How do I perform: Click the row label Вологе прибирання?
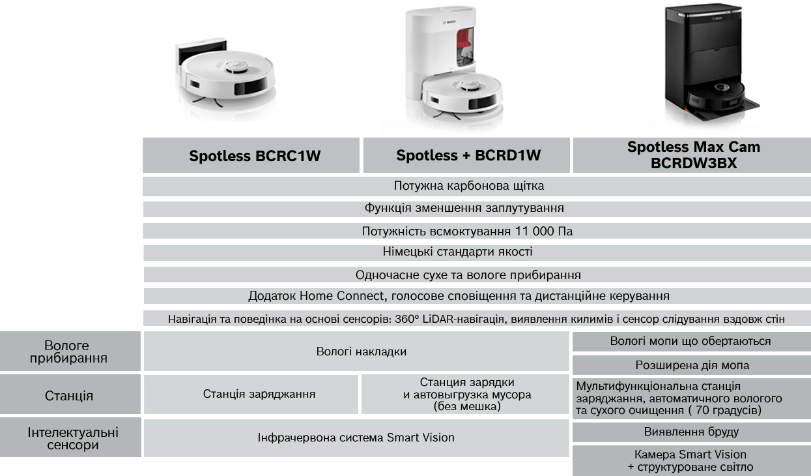(69, 351)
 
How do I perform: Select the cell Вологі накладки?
(356, 351)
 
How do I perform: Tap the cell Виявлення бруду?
(692, 432)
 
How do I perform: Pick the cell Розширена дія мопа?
(692, 365)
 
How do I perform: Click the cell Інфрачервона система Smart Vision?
(356, 438)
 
